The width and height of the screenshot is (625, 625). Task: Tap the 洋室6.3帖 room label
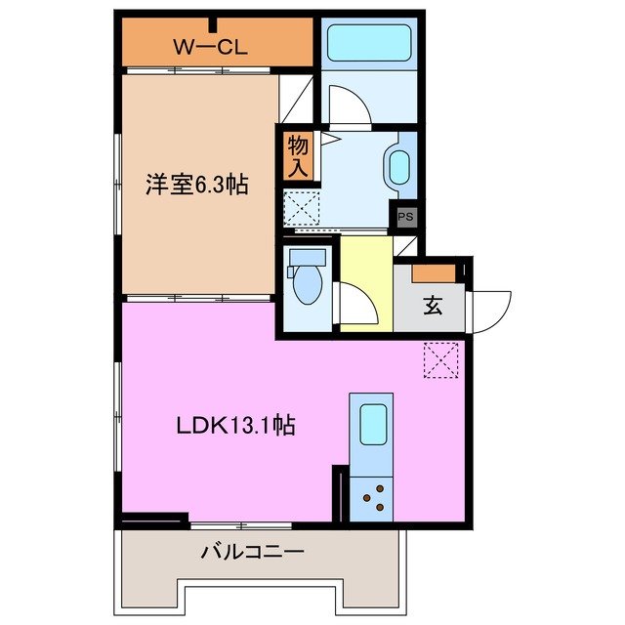coord(196,185)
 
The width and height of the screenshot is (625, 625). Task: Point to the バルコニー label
coord(253,553)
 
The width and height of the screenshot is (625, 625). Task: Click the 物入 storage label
coord(298,156)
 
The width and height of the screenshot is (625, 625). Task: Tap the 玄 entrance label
coord(432,304)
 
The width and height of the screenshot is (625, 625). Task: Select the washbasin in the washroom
coord(399,168)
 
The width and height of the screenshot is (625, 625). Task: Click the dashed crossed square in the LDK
coord(441,359)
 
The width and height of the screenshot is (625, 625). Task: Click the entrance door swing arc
coord(491,311)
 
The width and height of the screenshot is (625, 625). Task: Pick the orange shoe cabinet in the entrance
coord(433,273)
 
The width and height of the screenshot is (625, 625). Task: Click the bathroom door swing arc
coord(347,105)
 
